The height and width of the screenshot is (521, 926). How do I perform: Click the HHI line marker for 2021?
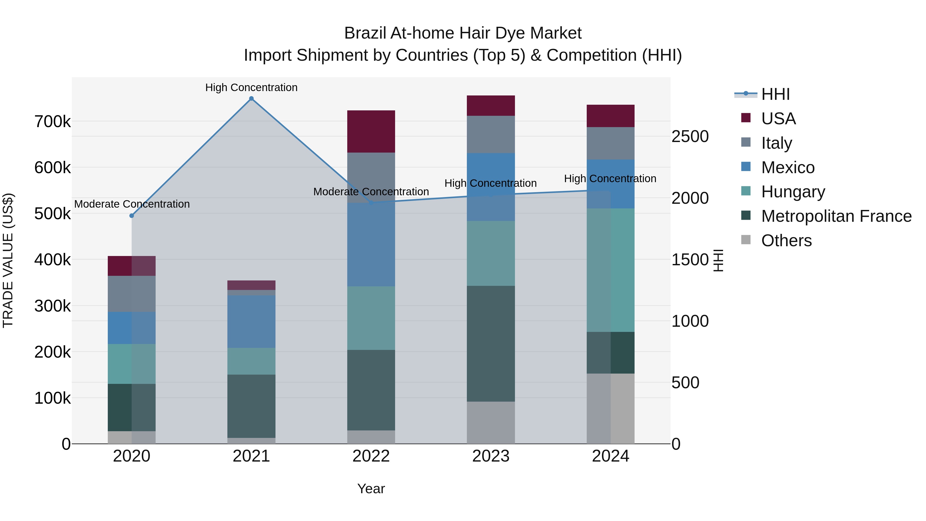pyautogui.click(x=251, y=99)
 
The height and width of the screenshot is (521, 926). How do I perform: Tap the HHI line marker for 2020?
pyautogui.click(x=131, y=216)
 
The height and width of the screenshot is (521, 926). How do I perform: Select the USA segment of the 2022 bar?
pyautogui.click(x=371, y=131)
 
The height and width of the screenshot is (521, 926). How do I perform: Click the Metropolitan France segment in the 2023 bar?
pyautogui.click(x=491, y=343)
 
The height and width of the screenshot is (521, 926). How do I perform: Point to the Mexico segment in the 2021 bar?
pyautogui.click(x=251, y=321)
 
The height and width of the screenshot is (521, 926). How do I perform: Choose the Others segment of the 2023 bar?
pyautogui.click(x=491, y=422)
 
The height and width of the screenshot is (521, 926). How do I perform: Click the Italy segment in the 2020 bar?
pyautogui.click(x=131, y=294)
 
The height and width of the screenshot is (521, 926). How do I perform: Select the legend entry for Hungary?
pyautogui.click(x=793, y=192)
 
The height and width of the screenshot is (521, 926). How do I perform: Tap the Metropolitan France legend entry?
pyautogui.click(x=836, y=216)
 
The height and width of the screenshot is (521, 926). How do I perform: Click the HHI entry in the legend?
pyautogui.click(x=775, y=94)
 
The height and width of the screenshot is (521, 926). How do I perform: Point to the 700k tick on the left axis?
pyautogui.click(x=52, y=121)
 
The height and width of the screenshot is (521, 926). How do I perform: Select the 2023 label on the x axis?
pyautogui.click(x=491, y=456)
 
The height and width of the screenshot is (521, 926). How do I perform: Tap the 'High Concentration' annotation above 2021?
pyautogui.click(x=251, y=87)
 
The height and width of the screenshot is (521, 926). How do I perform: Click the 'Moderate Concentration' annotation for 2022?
pyautogui.click(x=371, y=192)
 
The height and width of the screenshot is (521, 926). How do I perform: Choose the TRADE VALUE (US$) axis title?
pyautogui.click(x=8, y=260)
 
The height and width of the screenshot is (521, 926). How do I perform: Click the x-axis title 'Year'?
pyautogui.click(x=371, y=489)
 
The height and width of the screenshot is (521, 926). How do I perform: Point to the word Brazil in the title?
pyautogui.click(x=365, y=33)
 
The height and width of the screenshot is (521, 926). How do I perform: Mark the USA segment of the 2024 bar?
pyautogui.click(x=610, y=116)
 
